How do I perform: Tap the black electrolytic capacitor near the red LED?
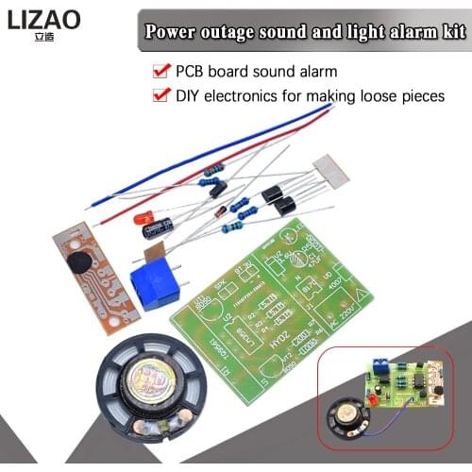click(x=159, y=228)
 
